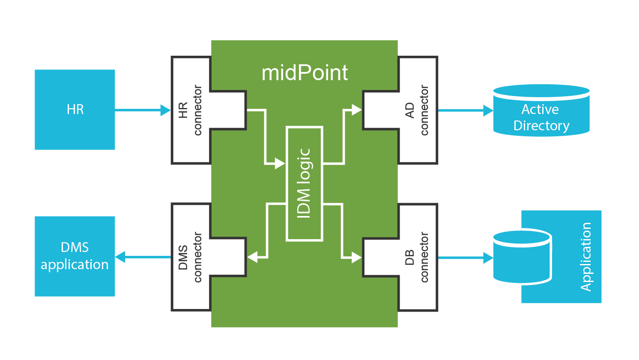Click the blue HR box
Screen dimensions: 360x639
point(75,110)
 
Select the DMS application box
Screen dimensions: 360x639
point(75,256)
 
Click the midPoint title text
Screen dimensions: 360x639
point(305,73)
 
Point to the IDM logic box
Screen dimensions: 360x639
point(304,183)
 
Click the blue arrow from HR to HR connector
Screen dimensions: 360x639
point(141,111)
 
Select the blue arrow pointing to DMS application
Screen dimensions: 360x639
point(141,257)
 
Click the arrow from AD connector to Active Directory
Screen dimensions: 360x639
point(465,111)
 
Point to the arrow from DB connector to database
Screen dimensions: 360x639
point(465,258)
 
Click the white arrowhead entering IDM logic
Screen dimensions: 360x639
point(280,164)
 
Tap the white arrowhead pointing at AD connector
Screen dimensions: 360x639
point(356,110)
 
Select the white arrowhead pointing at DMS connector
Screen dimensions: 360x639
point(253,257)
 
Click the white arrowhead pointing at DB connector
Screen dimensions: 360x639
point(356,258)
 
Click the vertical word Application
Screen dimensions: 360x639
point(585,257)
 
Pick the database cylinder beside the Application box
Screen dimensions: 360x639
point(522,257)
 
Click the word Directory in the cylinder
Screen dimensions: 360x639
point(541,126)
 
